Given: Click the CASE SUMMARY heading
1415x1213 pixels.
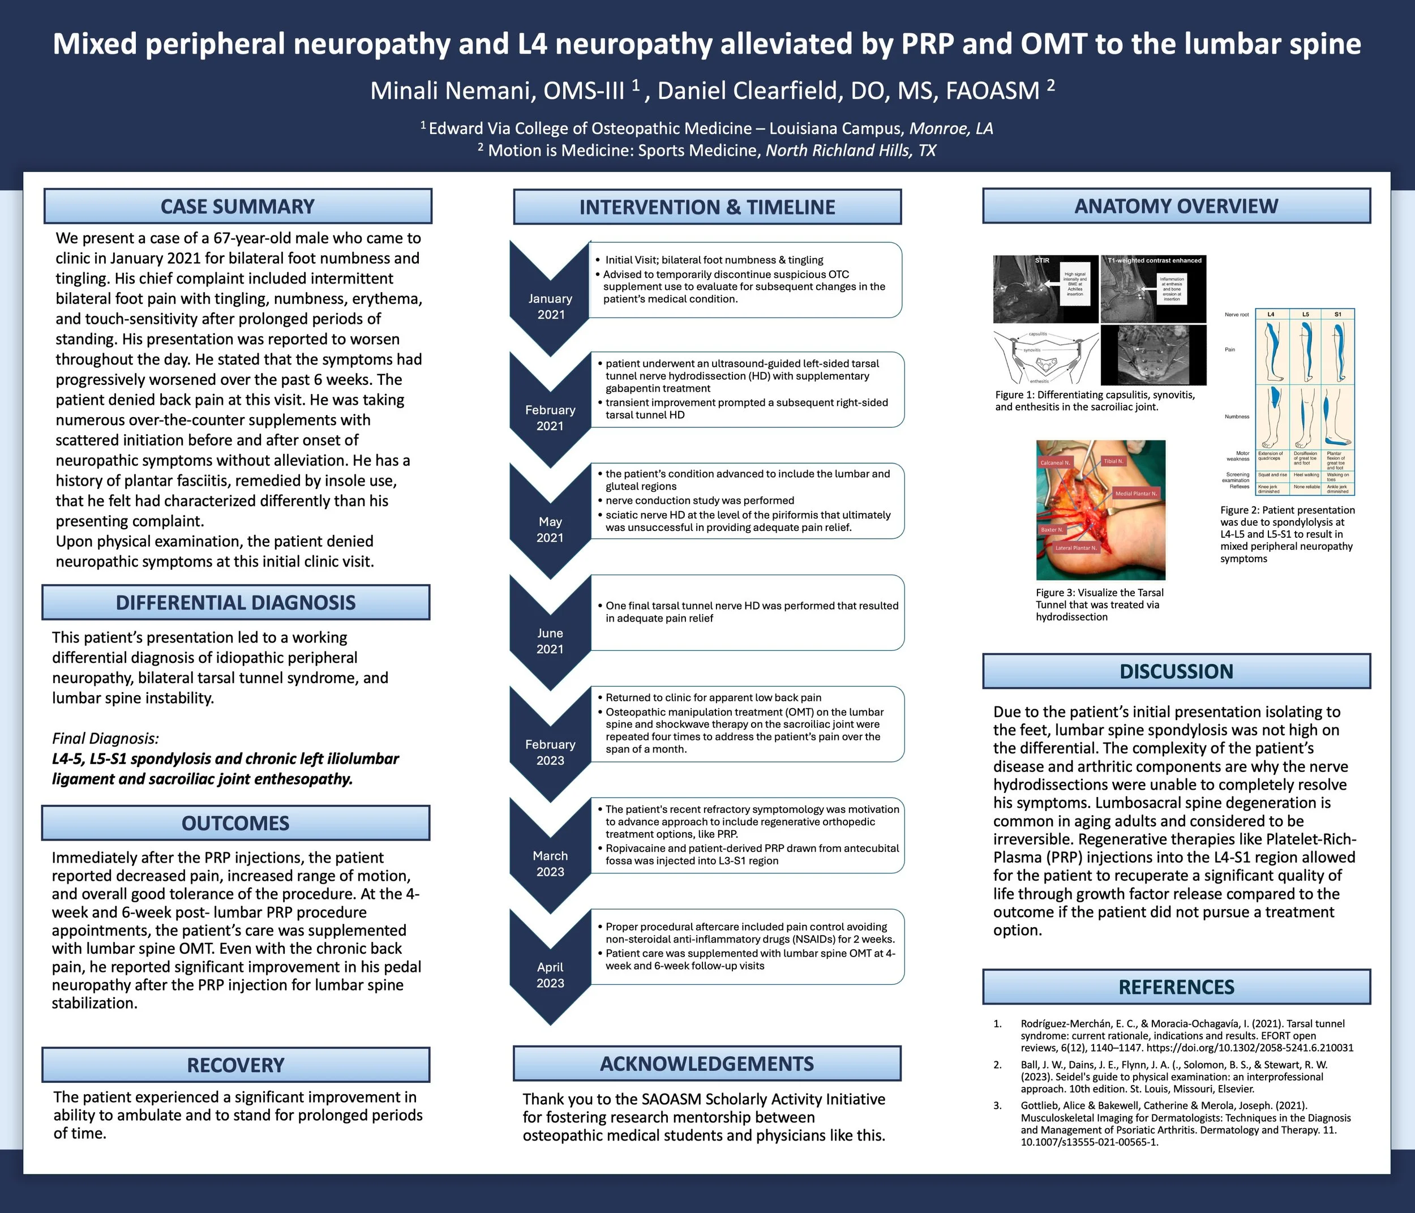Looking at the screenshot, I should (237, 206).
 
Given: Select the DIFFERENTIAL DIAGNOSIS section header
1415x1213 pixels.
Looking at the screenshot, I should (235, 602).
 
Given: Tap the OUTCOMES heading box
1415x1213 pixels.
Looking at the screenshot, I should (235, 823).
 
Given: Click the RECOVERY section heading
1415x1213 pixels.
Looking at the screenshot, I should (235, 1065).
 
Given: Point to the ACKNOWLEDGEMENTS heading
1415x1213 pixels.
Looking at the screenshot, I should (707, 1064).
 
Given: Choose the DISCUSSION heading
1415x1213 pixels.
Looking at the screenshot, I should (1176, 671).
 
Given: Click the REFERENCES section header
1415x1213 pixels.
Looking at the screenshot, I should (1176, 987).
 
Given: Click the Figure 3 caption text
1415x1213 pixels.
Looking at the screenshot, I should (1100, 605).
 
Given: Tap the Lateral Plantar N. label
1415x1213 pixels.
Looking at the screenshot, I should (1075, 548).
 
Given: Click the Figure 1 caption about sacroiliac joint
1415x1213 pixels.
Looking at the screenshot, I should (1095, 401).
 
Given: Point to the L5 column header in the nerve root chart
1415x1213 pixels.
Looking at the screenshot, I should (1305, 314).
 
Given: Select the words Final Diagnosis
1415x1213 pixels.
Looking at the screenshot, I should (105, 738).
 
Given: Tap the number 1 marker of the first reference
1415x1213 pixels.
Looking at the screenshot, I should (997, 1024).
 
